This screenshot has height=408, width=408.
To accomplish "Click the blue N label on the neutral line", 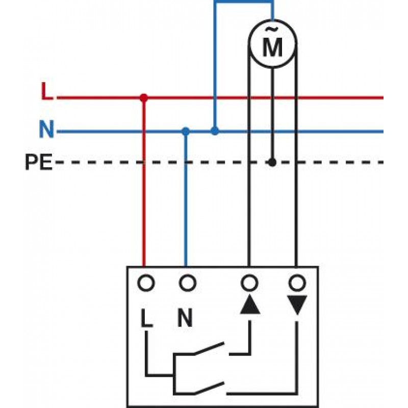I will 46,130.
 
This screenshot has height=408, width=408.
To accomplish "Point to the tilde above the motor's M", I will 272,32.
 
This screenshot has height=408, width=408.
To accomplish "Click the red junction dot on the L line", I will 144,97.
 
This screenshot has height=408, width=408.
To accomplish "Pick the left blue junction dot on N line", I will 186,131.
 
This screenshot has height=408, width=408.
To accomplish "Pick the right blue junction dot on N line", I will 215,131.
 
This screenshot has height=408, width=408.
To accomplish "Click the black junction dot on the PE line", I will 272,162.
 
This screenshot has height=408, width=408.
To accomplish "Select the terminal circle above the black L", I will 146,282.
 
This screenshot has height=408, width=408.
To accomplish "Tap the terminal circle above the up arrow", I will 249,282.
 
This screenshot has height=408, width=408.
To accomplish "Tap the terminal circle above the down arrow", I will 296,282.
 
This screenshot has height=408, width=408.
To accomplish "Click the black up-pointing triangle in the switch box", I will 249,305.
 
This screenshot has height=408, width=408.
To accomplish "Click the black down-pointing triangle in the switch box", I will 296,305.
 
